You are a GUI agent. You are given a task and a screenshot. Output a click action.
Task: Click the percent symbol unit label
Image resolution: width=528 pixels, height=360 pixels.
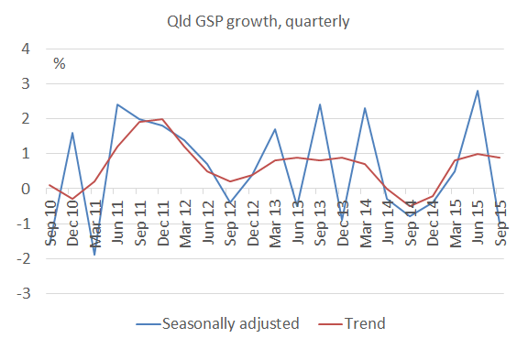[x=60, y=64]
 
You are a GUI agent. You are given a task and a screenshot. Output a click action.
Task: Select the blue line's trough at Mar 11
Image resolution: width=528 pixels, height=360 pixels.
[x=95, y=254]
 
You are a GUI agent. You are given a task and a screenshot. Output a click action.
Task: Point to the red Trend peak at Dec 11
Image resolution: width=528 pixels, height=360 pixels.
[x=162, y=119]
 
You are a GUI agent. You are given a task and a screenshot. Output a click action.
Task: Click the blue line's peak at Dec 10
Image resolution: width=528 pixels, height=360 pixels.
[x=72, y=133]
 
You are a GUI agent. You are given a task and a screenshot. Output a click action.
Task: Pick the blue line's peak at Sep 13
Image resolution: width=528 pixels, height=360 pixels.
[x=319, y=104]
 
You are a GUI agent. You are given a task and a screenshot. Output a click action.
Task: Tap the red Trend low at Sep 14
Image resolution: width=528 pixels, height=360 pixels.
[x=409, y=207]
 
